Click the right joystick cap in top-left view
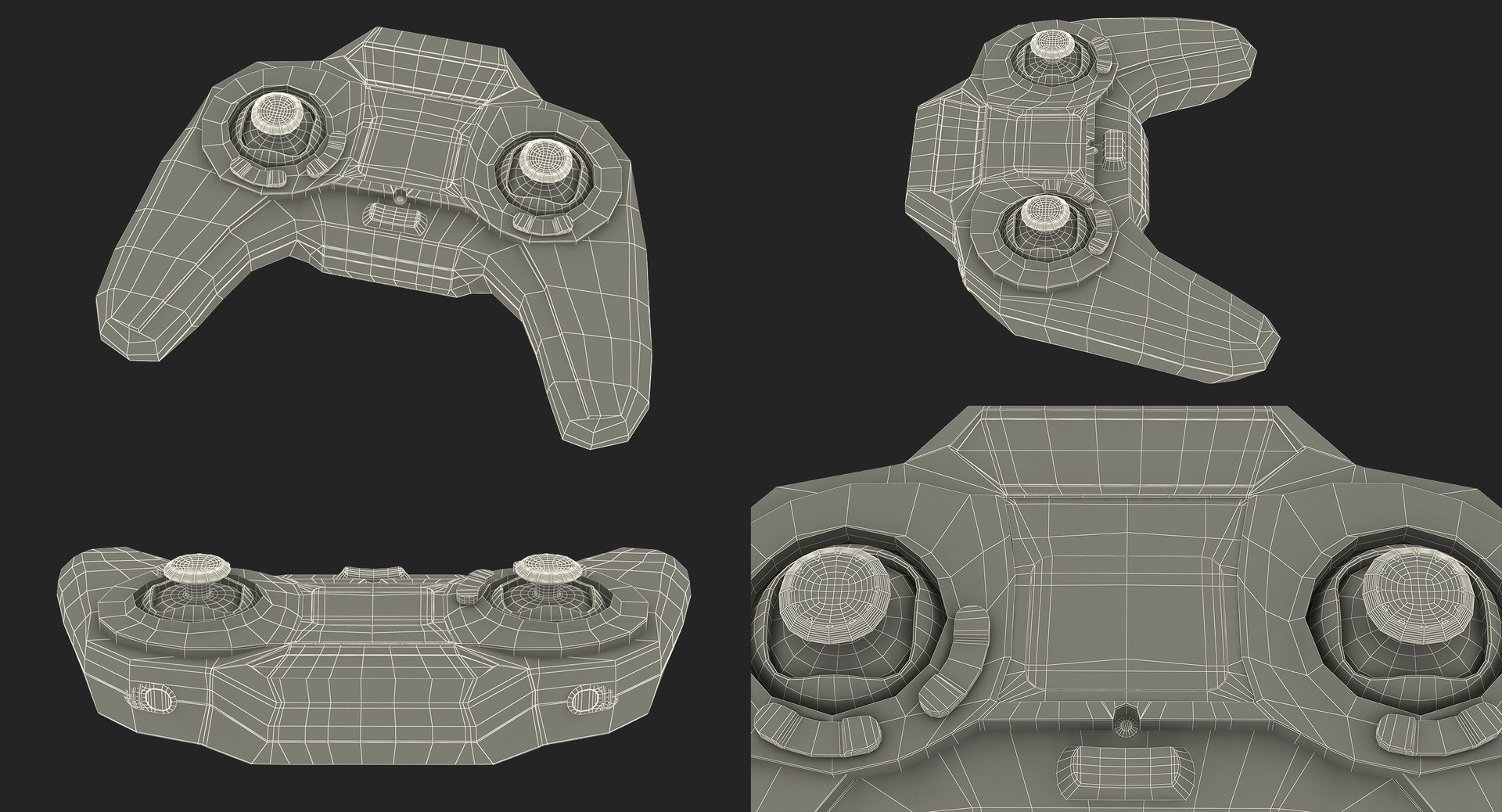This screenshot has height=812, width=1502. pyautogui.click(x=543, y=160)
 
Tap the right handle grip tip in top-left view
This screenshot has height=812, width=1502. pyautogui.click(x=602, y=422)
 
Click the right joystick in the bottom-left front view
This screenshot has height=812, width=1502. pyautogui.click(x=543, y=569)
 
